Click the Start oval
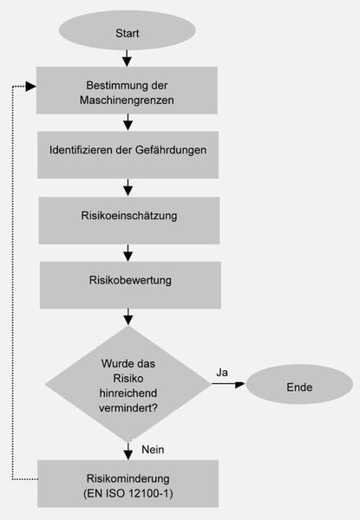coord(128,33)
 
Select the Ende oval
coord(299,387)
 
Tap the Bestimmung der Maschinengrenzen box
coord(128,93)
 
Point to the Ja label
coord(221,372)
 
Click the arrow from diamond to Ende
coord(226,386)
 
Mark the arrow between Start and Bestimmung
coord(128,57)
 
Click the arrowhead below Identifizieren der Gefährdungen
coord(128,188)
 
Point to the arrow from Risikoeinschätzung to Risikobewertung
coord(128,251)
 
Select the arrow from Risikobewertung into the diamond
coord(128,315)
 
